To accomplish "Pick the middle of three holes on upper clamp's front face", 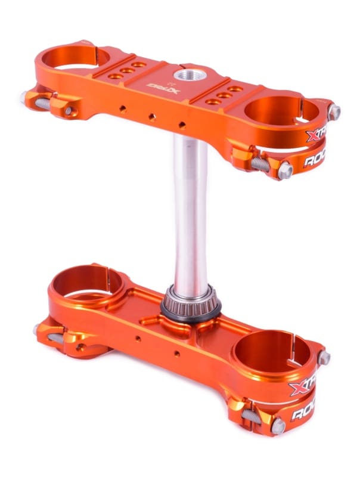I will [153, 116].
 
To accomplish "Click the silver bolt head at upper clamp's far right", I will [335, 111].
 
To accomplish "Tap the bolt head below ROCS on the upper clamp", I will [285, 171].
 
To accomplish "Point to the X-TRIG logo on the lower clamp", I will [301, 389].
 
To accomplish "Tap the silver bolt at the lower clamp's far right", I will [324, 358].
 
